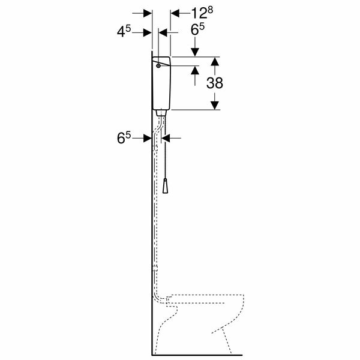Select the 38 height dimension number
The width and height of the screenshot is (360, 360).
pyautogui.click(x=215, y=83)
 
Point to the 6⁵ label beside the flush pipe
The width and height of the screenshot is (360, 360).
pyautogui.click(x=124, y=138)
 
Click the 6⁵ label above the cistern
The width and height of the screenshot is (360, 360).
pyautogui.click(x=197, y=29)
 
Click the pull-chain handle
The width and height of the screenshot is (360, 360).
pyautogui.click(x=167, y=187)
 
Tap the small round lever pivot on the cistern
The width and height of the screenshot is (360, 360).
pyautogui.click(x=157, y=66)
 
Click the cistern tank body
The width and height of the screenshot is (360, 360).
pyautogui.click(x=163, y=87)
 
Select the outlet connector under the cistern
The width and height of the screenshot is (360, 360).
pyautogui.click(x=162, y=112)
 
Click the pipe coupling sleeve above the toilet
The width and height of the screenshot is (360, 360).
pyautogui.click(x=155, y=269)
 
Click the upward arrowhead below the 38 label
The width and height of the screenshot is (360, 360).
pyautogui.click(x=215, y=105)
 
